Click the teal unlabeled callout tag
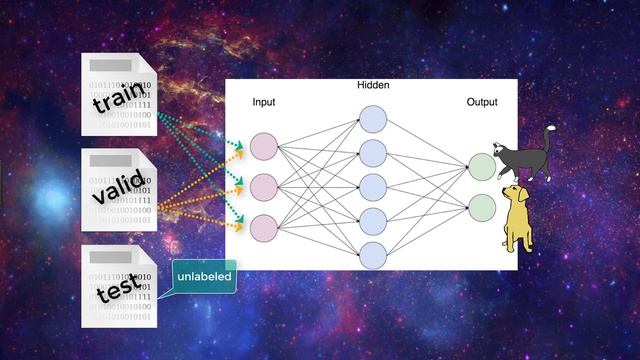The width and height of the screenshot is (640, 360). click(x=204, y=276)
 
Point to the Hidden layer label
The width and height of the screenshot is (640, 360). click(x=373, y=86)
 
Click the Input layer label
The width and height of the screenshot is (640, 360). click(x=264, y=102)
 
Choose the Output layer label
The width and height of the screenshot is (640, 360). click(x=481, y=102)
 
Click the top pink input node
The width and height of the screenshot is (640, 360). click(x=264, y=147)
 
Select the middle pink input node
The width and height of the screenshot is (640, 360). click(x=264, y=187)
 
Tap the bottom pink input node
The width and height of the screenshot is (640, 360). click(x=264, y=228)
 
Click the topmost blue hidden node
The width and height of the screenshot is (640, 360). click(x=373, y=119)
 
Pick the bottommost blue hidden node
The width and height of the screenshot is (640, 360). click(x=373, y=254)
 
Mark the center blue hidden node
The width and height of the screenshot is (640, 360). click(x=373, y=187)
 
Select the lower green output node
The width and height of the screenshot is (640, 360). click(x=481, y=208)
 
